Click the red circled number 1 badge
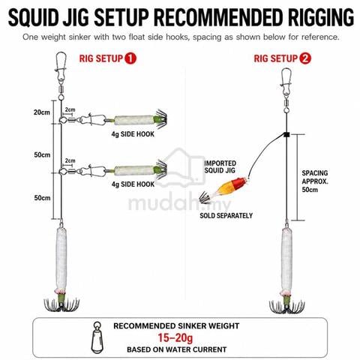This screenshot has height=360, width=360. (x=130, y=58)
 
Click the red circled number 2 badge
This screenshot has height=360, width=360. (x=305, y=58)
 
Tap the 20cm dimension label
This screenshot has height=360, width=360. (x=42, y=112)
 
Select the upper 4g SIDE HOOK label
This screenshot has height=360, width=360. (x=133, y=134)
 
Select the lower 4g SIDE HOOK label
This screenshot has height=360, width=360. (x=133, y=184)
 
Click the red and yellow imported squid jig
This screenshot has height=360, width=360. (x=225, y=189)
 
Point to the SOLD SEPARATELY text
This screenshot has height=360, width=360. (x=226, y=215)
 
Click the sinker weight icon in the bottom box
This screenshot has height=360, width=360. (x=97, y=337)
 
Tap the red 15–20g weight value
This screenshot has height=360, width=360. (x=175, y=337)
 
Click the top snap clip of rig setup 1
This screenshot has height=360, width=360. (x=61, y=65)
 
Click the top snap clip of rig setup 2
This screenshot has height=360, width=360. (x=286, y=82)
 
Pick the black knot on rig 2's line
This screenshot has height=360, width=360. (x=286, y=135)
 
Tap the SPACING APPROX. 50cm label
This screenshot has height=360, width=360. (x=315, y=181)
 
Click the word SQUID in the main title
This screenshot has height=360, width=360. (x=33, y=17)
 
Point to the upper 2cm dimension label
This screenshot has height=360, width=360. (x=70, y=109)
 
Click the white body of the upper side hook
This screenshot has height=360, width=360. (x=134, y=121)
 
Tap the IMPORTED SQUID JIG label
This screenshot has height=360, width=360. (x=220, y=166)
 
